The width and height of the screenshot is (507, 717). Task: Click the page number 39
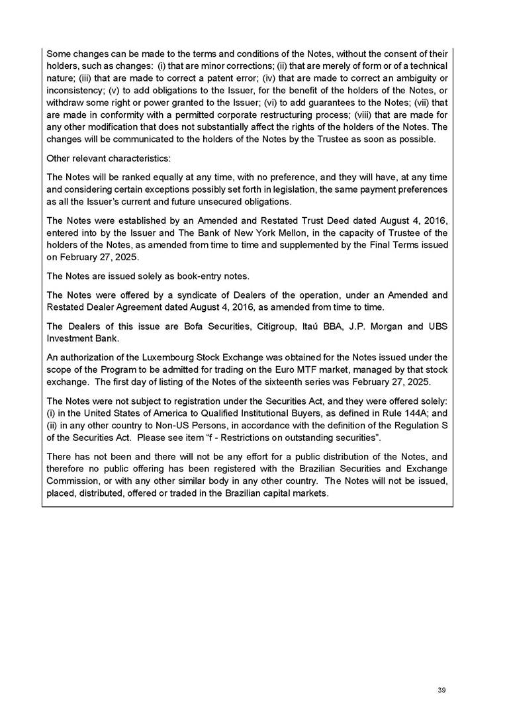click(441, 691)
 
